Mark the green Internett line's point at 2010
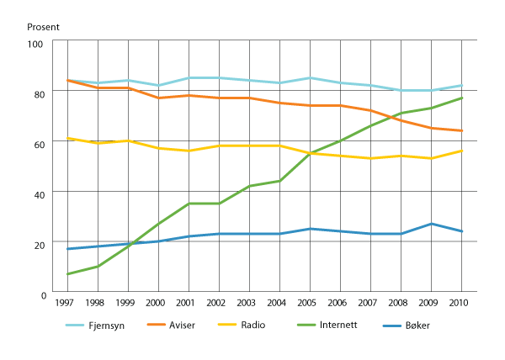point(461,98)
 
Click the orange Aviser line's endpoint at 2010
point(461,131)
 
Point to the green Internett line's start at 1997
point(67,274)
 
